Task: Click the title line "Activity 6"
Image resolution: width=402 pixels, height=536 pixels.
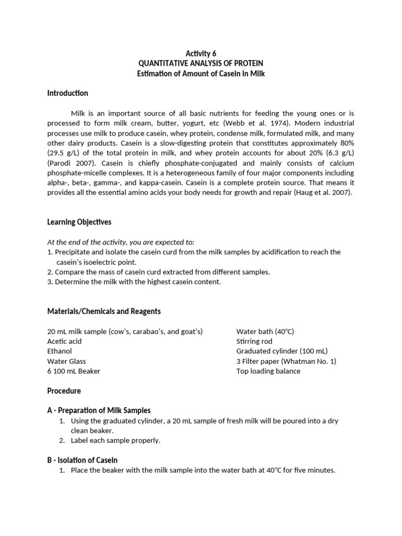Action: coord(201,53)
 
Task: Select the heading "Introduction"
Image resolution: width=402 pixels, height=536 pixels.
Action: coord(68,93)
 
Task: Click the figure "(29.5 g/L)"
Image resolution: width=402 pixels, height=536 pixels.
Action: coord(65,153)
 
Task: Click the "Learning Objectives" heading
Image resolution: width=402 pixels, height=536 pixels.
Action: coord(79,222)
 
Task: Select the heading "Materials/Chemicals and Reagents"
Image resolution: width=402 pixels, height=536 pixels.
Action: coord(104,311)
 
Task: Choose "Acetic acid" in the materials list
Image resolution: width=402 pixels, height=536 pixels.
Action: coord(65,341)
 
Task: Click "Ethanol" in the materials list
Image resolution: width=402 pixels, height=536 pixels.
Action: coord(60,351)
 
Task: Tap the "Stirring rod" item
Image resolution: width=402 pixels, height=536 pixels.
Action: coord(254,341)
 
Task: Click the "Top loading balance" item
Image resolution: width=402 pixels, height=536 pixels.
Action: coord(269,371)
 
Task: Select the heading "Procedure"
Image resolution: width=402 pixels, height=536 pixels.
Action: coord(64,390)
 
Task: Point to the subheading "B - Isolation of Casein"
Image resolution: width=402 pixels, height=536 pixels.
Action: coord(82,460)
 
